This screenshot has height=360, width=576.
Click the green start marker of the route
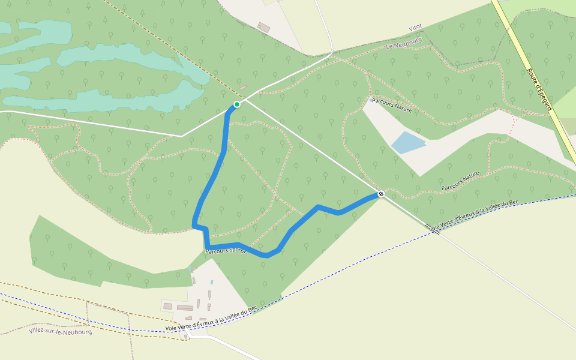point(237,104)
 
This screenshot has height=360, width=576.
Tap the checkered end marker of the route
point(380,194)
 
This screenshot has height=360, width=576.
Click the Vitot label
point(415,28)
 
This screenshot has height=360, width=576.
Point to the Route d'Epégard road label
point(539,89)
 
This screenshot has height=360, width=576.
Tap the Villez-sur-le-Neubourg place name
point(61,331)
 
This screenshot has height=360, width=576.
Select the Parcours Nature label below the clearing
point(460,181)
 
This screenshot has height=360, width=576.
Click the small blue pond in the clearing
point(408,142)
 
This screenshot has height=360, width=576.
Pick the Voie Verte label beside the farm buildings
point(211,317)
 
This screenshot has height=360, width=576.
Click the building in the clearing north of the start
point(263,27)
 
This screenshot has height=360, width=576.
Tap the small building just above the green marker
point(243,88)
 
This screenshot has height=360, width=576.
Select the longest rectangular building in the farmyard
point(185,308)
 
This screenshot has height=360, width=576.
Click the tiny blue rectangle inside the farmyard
point(212,282)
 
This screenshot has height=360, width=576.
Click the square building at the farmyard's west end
point(167,306)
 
